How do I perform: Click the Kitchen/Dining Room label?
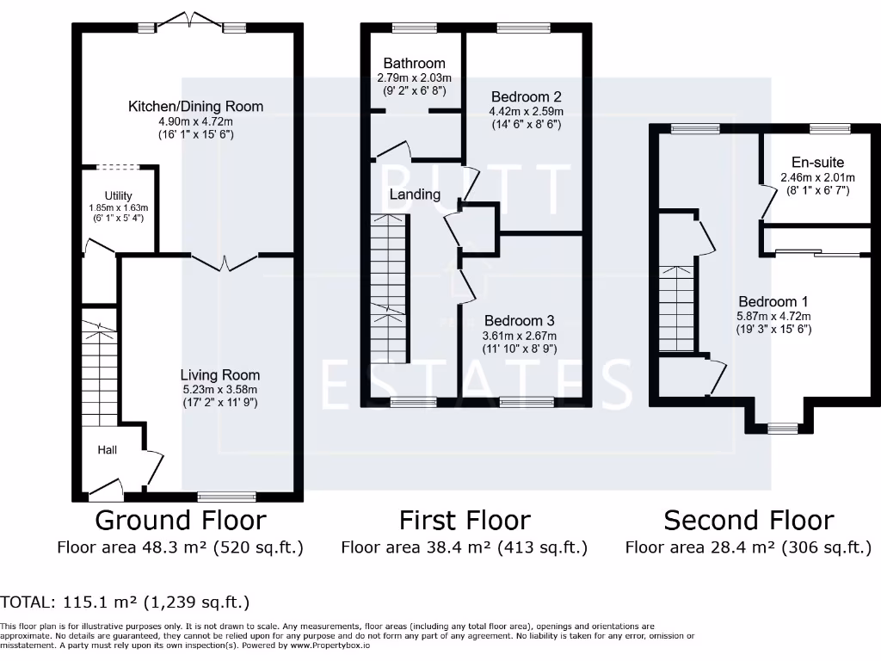[195, 107]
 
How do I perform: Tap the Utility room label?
[119, 196]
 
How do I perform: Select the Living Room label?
[219, 375]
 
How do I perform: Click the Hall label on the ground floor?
[107, 449]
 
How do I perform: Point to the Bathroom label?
[414, 63]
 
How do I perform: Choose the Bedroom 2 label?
[526, 96]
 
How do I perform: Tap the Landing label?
[415, 195]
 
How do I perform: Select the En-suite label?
[817, 163]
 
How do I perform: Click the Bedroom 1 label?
[773, 302]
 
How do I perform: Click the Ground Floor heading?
[180, 520]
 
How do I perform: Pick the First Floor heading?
[465, 520]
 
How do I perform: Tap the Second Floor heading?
[749, 520]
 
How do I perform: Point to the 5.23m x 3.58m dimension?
[219, 389]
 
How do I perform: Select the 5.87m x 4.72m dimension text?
[773, 316]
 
